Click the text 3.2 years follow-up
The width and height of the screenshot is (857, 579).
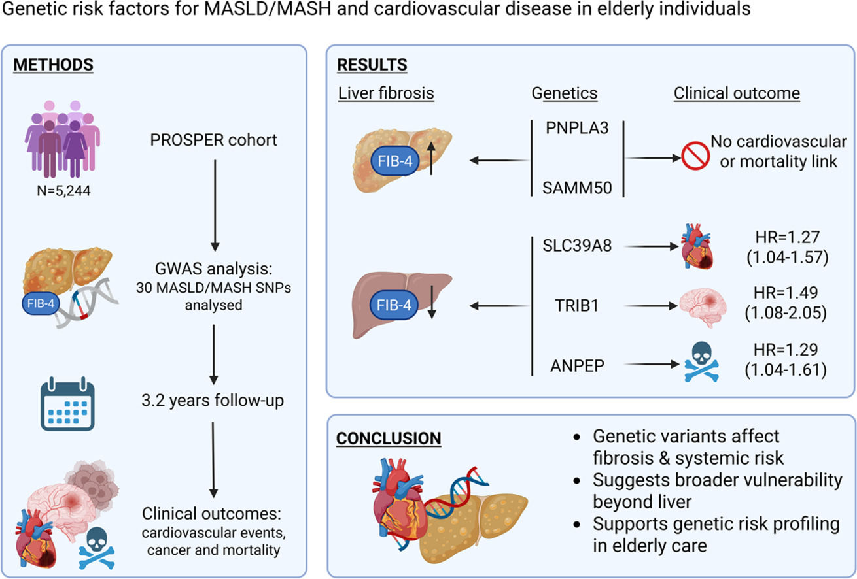(213, 399)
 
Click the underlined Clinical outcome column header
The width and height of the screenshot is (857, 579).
(737, 93)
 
